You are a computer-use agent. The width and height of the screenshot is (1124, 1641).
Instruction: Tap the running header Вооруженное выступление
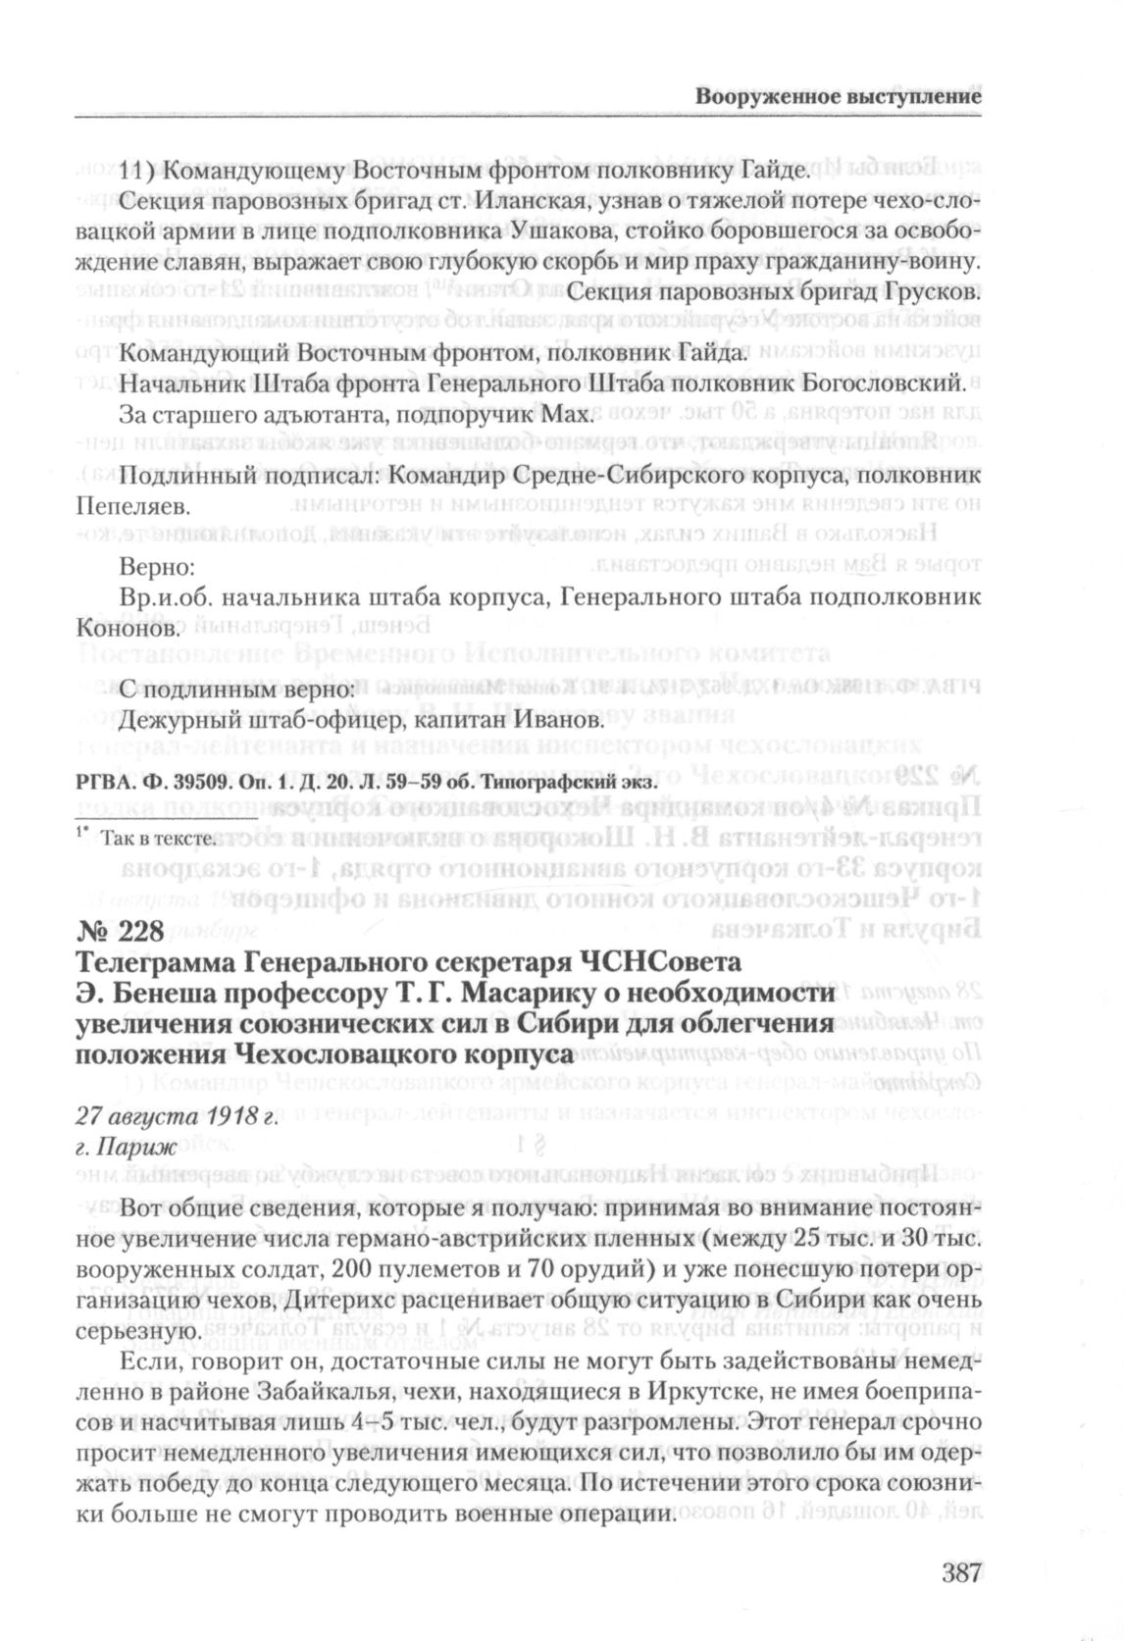point(839,96)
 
